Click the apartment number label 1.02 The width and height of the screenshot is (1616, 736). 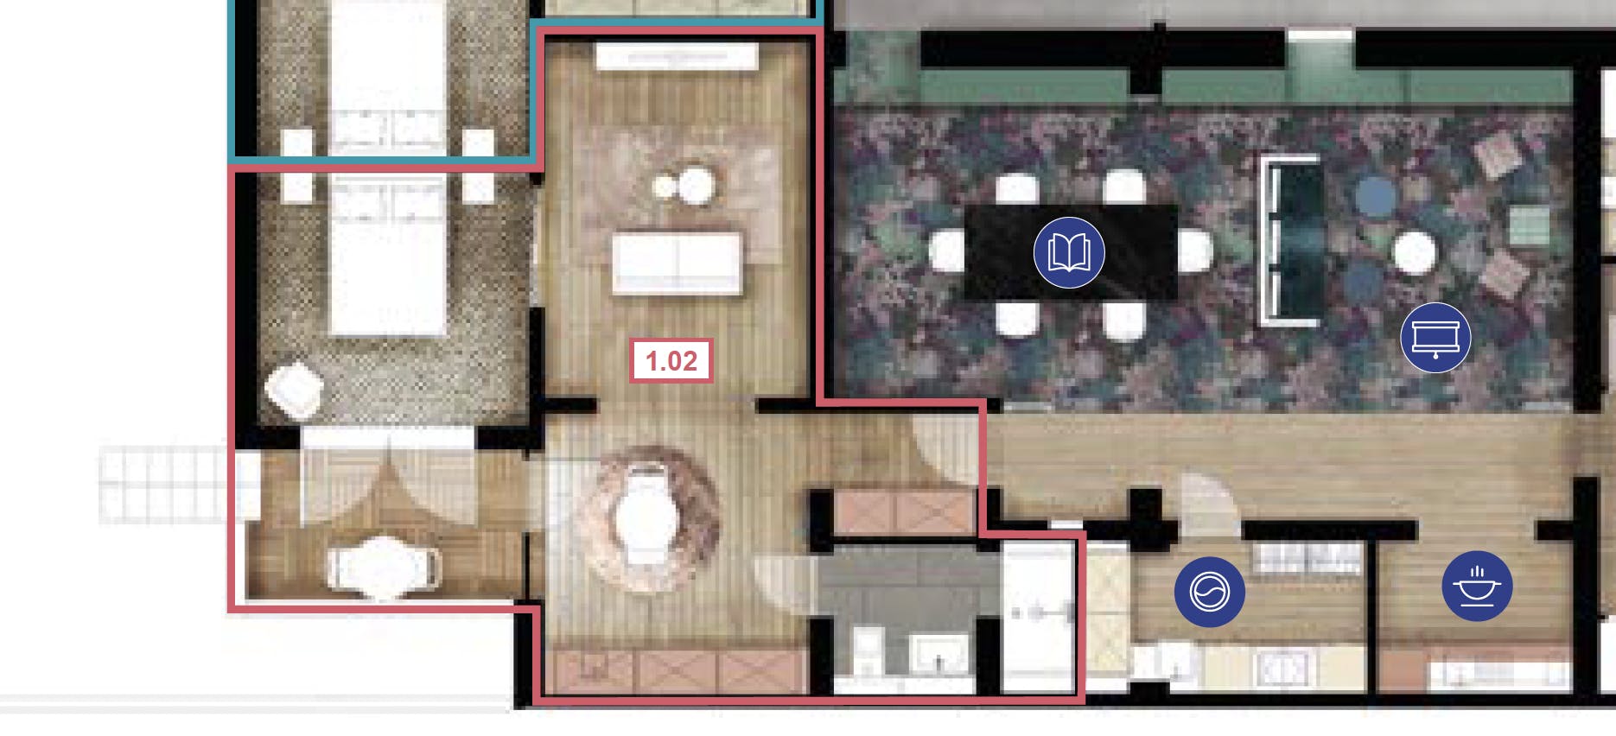click(x=671, y=360)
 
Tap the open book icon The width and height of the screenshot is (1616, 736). click(x=1069, y=252)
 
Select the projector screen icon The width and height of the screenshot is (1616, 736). click(x=1435, y=338)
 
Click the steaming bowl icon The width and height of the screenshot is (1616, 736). click(x=1477, y=586)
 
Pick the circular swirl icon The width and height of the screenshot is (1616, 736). click(x=1209, y=592)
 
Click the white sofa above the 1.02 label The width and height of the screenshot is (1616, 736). click(x=677, y=263)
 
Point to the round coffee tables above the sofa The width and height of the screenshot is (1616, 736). click(x=684, y=186)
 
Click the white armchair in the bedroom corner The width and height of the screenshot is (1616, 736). click(x=294, y=390)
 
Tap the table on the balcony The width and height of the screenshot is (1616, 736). click(x=383, y=568)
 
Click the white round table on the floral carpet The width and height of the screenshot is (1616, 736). click(x=1414, y=252)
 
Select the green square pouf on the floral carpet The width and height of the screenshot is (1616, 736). click(x=1528, y=225)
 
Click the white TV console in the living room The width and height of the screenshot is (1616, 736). click(x=677, y=57)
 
